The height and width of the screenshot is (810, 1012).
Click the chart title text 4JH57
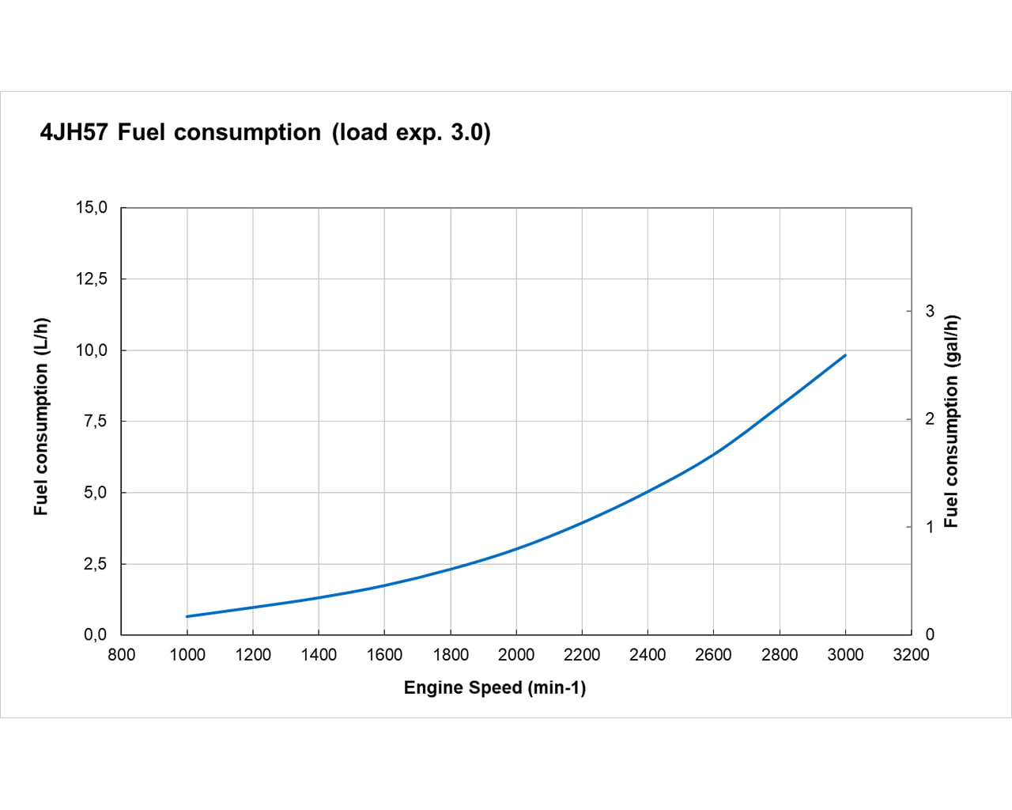tap(74, 132)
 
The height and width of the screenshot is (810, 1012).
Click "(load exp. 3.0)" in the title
tap(411, 132)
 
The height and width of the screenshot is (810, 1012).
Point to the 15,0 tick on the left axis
tap(91, 207)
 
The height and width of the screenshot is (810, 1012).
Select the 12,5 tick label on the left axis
tap(91, 278)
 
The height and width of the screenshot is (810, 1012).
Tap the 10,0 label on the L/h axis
tap(91, 350)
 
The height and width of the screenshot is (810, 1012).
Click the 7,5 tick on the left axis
tap(95, 421)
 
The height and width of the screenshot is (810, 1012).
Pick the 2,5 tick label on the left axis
tap(95, 564)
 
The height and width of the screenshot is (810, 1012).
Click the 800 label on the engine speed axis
tap(121, 655)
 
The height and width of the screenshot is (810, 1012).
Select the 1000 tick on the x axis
tap(187, 655)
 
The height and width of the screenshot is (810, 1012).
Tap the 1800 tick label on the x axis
tap(451, 655)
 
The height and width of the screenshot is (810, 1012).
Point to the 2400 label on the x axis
tap(648, 655)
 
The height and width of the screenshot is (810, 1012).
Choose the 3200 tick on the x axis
tap(911, 655)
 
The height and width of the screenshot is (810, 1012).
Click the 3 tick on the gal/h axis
tap(930, 311)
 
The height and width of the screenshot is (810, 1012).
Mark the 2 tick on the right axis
tap(930, 418)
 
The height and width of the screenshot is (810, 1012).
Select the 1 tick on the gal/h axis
tap(930, 527)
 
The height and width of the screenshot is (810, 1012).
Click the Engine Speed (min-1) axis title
tap(495, 688)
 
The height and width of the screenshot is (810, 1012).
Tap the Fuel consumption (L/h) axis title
tap(41, 417)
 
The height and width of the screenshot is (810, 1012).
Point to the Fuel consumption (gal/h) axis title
tap(951, 421)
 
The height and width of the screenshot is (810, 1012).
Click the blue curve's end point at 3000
tap(845, 355)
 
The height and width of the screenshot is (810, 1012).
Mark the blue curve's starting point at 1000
tap(187, 616)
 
